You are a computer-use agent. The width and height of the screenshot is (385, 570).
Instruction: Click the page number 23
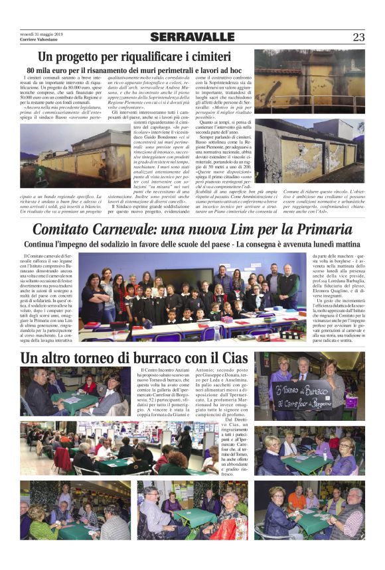pos(358,37)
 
